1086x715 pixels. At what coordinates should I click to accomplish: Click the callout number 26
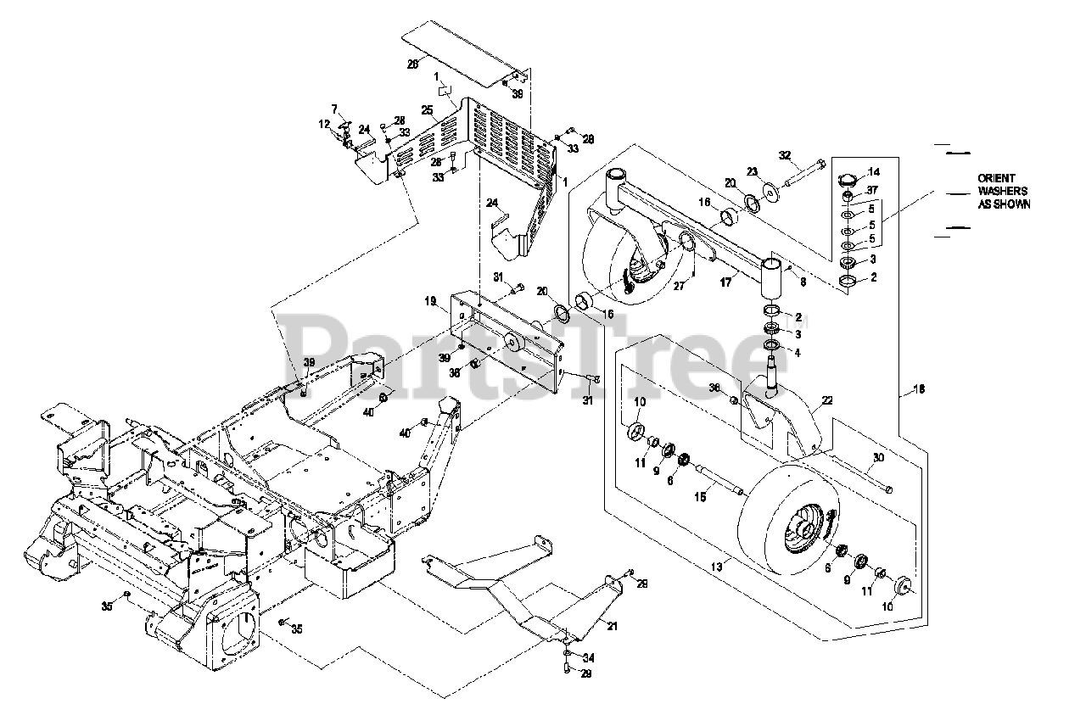tap(413, 64)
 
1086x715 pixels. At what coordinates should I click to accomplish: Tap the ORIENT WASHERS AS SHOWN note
tap(1004, 192)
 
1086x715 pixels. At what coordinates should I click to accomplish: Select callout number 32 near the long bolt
tap(785, 155)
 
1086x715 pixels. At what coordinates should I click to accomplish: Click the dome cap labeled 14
tap(847, 180)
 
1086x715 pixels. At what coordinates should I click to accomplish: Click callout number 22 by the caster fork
tap(827, 399)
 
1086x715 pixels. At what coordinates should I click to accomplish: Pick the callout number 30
tap(877, 456)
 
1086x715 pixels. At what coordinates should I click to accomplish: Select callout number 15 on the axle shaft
tap(701, 497)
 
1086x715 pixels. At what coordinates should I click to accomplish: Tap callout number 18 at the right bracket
tap(919, 389)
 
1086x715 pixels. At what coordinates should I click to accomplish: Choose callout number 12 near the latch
tap(324, 124)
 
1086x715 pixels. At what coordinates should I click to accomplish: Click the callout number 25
tap(427, 110)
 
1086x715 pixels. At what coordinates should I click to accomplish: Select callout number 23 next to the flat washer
tap(752, 171)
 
